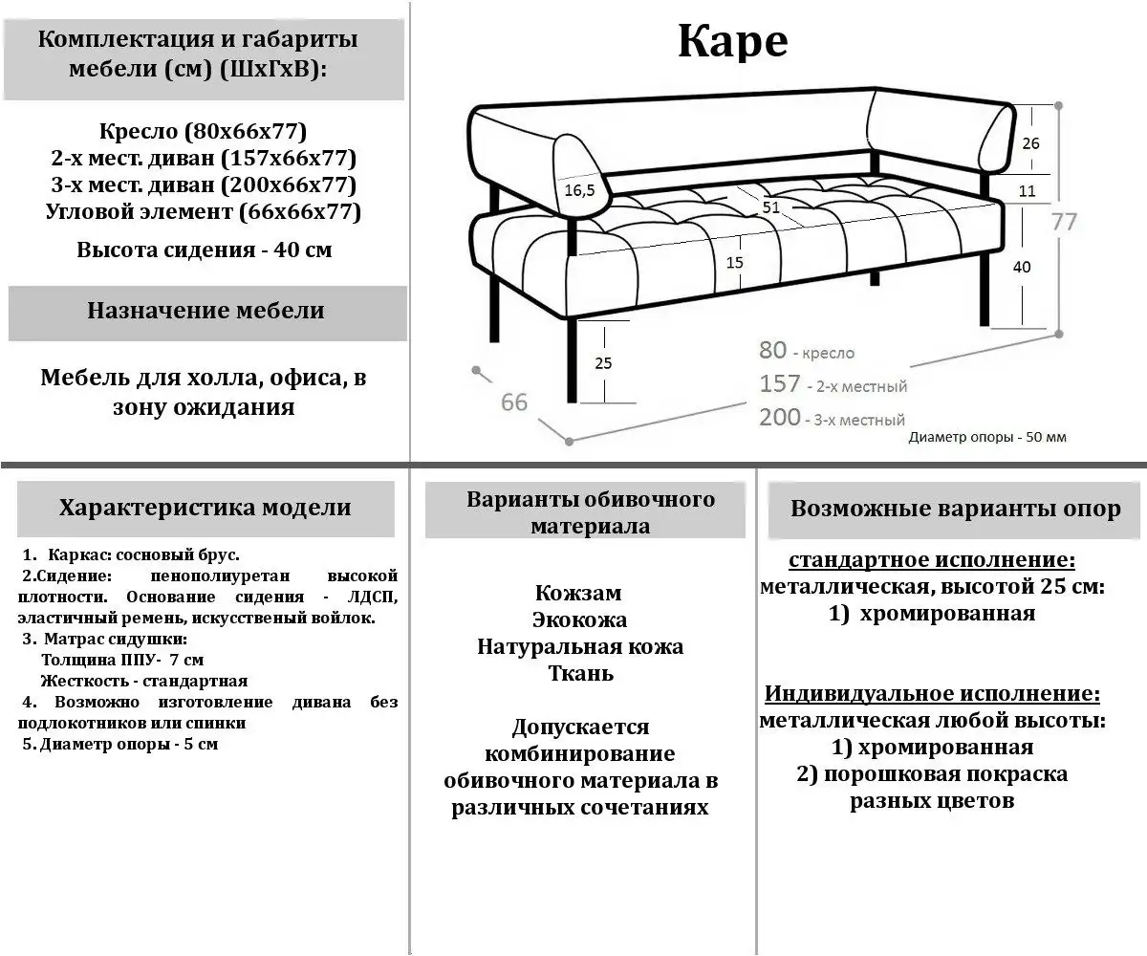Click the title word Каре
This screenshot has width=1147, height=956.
732,40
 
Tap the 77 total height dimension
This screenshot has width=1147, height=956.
1064,221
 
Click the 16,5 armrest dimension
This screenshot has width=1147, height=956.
579,190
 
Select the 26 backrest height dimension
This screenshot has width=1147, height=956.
1030,143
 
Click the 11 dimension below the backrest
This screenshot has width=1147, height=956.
1028,190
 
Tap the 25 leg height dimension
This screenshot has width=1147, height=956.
603,362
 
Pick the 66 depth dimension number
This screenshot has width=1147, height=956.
514,402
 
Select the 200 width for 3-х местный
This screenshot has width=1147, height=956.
780,417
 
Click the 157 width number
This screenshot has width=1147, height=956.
780,383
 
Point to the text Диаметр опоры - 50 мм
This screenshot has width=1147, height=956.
987,437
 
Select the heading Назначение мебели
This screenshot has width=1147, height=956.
206,311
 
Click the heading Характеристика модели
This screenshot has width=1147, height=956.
205,508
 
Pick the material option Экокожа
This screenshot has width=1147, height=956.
580,619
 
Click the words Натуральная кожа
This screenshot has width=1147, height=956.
580,646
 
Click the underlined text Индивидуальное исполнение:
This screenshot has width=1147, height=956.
932,693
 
